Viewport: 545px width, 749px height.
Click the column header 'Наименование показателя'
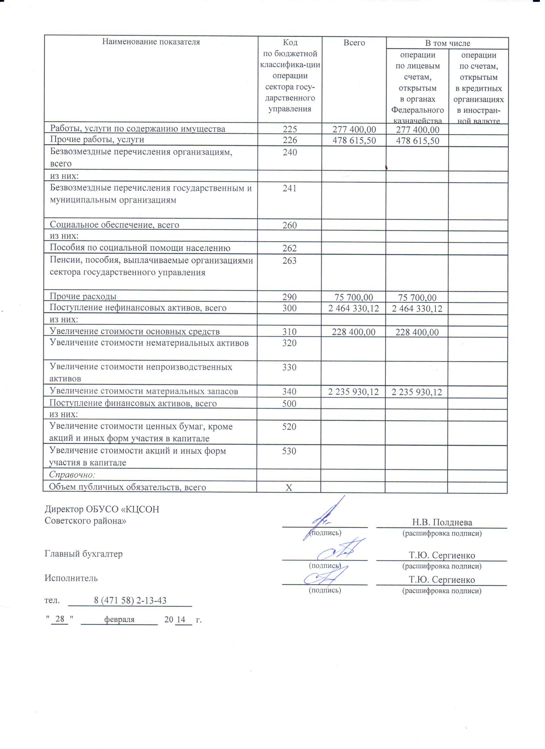point(151,42)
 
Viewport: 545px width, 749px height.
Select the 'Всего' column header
point(354,43)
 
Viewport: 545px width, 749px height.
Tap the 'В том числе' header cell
point(447,43)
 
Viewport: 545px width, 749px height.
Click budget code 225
point(290,129)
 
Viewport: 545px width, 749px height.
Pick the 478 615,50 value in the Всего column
point(354,141)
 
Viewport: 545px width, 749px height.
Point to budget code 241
point(290,188)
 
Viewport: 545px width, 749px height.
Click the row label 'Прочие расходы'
point(83,296)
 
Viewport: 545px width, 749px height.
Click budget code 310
point(289,332)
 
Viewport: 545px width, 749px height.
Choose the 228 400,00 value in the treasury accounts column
point(417,332)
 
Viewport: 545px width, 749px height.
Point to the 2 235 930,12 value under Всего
point(353,392)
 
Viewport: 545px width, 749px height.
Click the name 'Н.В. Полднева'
point(442,522)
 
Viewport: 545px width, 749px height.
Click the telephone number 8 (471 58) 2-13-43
point(130,600)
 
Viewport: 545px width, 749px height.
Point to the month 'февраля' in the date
point(119,619)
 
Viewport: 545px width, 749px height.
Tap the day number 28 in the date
point(60,619)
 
